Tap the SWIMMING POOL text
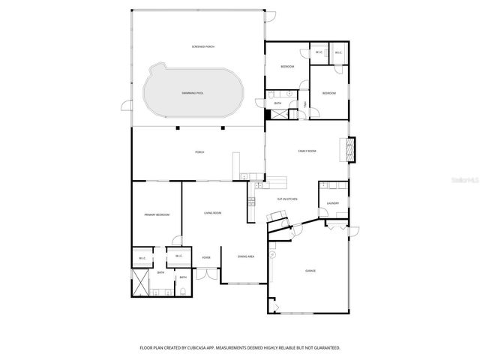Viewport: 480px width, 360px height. pyautogui.click(x=193, y=93)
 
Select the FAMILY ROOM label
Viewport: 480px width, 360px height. pyautogui.click(x=307, y=151)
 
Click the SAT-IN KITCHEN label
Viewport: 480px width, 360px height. pyautogui.click(x=288, y=199)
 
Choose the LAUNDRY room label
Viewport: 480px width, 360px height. pyautogui.click(x=333, y=203)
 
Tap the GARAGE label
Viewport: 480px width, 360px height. pyautogui.click(x=310, y=271)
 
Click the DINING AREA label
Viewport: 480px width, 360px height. pyautogui.click(x=246, y=257)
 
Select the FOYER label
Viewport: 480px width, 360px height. pyautogui.click(x=205, y=258)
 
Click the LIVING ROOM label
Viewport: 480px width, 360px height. pyautogui.click(x=212, y=214)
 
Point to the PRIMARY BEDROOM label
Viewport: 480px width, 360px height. pyautogui.click(x=157, y=215)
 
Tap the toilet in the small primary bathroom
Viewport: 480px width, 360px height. pyautogui.click(x=182, y=289)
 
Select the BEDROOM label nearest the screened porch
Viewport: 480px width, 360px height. pyautogui.click(x=287, y=67)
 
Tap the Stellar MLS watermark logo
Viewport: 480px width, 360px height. pyautogui.click(x=464, y=181)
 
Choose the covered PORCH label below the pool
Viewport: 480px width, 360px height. pyautogui.click(x=199, y=152)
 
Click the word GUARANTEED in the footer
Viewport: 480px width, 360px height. pyautogui.click(x=325, y=348)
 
